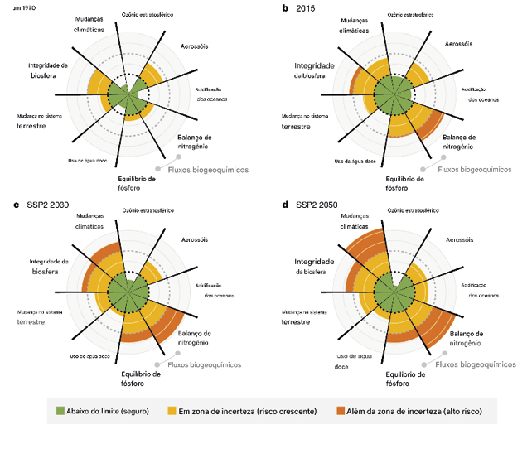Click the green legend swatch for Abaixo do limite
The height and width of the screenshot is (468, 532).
coord(60,411)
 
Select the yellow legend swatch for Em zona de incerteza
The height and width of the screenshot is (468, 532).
coord(172,411)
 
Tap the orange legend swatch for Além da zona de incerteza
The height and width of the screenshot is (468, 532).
coord(340,411)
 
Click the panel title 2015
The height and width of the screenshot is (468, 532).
coord(307,8)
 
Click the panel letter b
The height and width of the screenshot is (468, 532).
coord(285,8)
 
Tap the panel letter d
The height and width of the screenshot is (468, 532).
coord(285,205)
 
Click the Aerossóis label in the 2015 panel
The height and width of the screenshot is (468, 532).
coord(458,43)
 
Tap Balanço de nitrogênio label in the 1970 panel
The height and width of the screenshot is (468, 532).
coord(196,142)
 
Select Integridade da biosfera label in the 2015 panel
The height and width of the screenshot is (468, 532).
coord(315,70)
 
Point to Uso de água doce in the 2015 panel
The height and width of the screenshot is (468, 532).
coord(355,161)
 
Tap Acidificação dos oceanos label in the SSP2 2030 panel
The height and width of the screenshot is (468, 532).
coord(210,289)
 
